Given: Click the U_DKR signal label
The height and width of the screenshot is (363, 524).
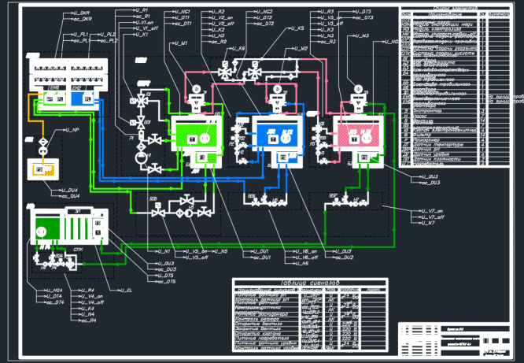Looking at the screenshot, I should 81,13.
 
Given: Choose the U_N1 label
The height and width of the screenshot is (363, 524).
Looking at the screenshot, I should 162,251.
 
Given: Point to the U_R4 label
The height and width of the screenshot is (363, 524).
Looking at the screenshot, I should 87,290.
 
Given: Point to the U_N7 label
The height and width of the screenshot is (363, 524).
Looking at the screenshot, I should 426,223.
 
